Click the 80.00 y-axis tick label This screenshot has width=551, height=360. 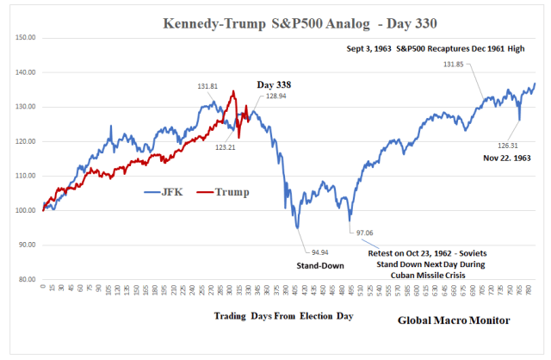pos(26,279)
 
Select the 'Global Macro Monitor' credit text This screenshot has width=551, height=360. pos(454,320)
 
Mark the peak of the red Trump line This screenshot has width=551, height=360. pos(233,90)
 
